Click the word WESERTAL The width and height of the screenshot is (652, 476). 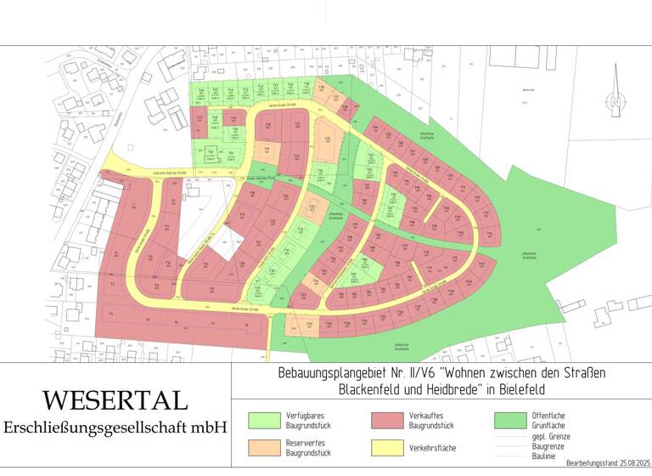[115, 400]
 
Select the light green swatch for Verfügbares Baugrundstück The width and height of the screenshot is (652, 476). [264, 420]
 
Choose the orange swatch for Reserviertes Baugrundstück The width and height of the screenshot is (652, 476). [264, 447]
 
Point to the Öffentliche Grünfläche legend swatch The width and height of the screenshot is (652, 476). [510, 420]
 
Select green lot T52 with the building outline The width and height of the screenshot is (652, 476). [211, 154]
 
